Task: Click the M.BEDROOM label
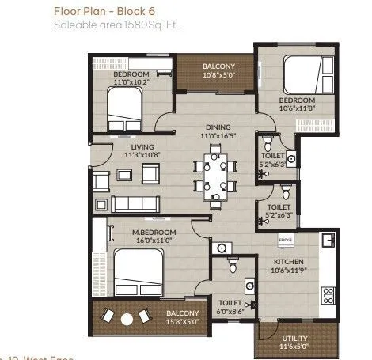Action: pos(154,232)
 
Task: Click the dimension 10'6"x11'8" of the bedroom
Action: pos(298,109)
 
